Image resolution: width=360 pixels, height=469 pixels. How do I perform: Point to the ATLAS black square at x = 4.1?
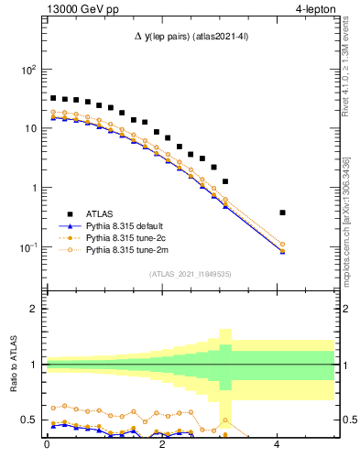(x=282, y=213)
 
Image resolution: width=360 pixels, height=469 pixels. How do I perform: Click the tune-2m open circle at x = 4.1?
(x=282, y=245)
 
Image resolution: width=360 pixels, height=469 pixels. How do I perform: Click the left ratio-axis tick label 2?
(x=35, y=309)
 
